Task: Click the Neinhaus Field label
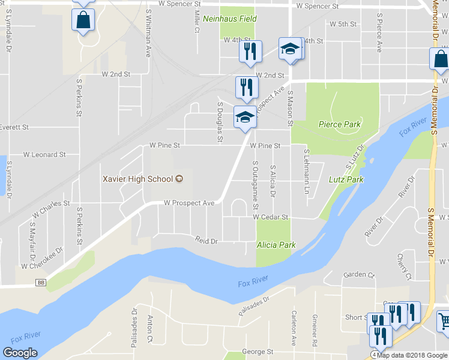(230, 19)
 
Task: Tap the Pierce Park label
(339, 125)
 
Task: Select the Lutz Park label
(346, 179)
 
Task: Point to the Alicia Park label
(276, 245)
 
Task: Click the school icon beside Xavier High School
(178, 179)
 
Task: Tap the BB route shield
(41, 282)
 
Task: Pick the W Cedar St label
(271, 217)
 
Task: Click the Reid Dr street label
(206, 240)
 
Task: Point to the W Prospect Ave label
(189, 203)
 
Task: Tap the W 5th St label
(343, 24)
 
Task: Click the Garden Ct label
(359, 275)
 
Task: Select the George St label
(258, 352)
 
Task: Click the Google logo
(20, 353)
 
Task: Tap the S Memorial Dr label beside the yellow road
(430, 234)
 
